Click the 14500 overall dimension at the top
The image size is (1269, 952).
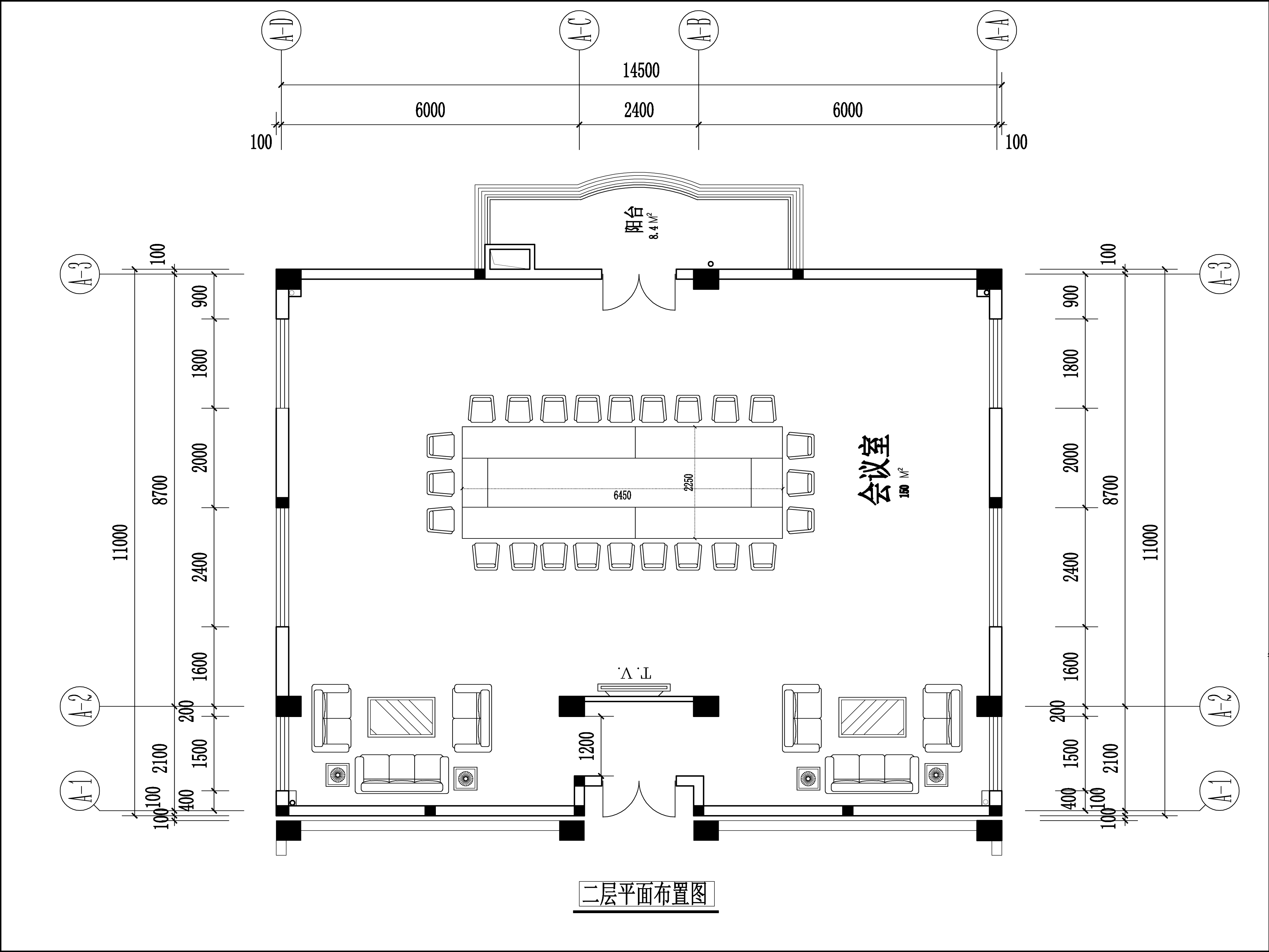641,71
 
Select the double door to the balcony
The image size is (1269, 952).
639,292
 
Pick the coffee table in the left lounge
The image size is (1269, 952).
401,717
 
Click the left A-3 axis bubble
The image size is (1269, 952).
80,274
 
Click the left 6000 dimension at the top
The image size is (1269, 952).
430,110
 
